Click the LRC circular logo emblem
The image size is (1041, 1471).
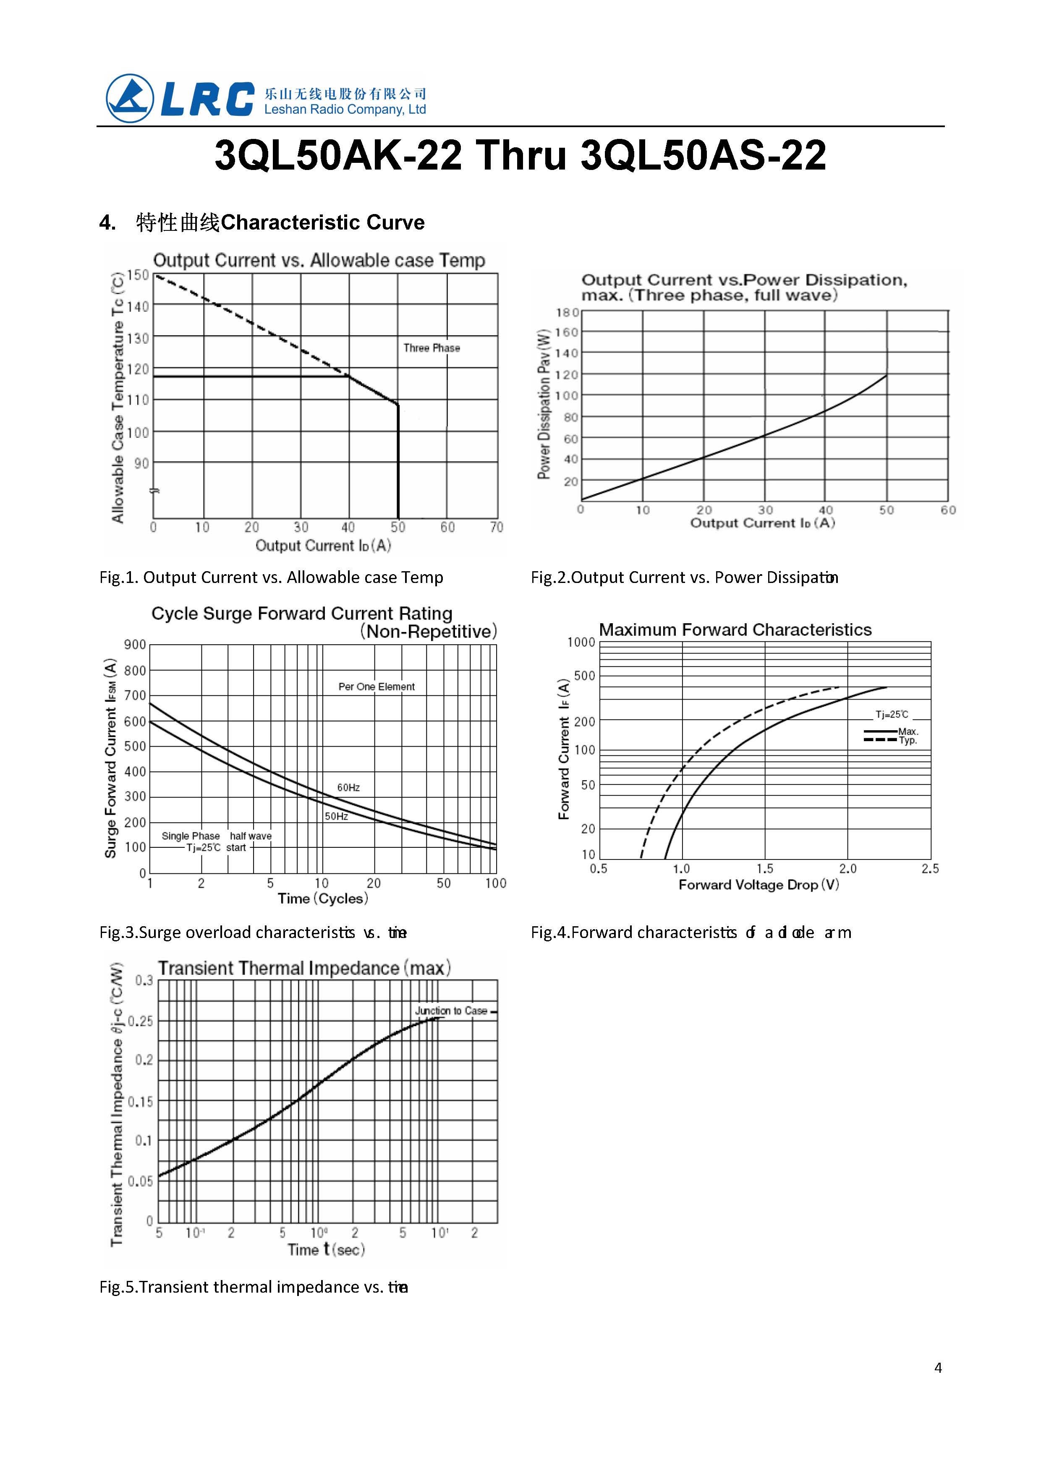click(130, 98)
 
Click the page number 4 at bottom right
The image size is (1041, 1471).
click(938, 1368)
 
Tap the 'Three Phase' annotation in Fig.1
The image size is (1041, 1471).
click(432, 348)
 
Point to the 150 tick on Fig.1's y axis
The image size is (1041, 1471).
click(138, 275)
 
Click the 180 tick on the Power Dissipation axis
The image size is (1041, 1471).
click(567, 313)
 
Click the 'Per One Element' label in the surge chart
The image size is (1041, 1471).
click(376, 687)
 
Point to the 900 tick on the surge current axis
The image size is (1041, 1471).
click(135, 644)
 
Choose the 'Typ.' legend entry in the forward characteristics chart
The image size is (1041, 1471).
click(908, 740)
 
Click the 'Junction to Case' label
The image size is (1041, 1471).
click(451, 1011)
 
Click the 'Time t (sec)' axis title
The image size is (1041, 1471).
click(326, 1249)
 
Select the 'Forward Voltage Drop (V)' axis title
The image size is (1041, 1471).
click(759, 885)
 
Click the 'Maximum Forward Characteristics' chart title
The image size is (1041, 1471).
click(735, 630)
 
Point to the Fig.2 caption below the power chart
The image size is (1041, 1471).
click(684, 577)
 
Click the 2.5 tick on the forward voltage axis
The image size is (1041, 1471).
click(930, 868)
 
